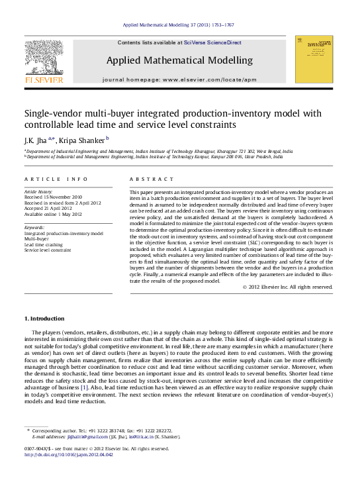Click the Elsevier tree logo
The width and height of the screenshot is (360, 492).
pyautogui.click(x=44, y=64)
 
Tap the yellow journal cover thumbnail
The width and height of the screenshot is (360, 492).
pyautogui.click(x=313, y=60)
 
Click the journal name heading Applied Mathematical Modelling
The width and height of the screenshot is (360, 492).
pyautogui.click(x=179, y=60)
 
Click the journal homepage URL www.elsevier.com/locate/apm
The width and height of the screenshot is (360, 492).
pyautogui.click(x=208, y=79)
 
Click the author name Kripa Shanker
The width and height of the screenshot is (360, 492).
pyautogui.click(x=83, y=140)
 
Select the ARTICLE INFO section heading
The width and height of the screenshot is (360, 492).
pyautogui.click(x=56, y=179)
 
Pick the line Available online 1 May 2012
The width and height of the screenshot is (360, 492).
pyautogui.click(x=53, y=214)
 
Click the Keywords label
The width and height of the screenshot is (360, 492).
pyautogui.click(x=34, y=228)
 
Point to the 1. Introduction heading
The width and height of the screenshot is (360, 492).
pyautogui.click(x=45, y=319)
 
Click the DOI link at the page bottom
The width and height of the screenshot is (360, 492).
pyautogui.click(x=68, y=454)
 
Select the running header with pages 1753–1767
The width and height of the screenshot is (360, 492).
pyautogui.click(x=179, y=25)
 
